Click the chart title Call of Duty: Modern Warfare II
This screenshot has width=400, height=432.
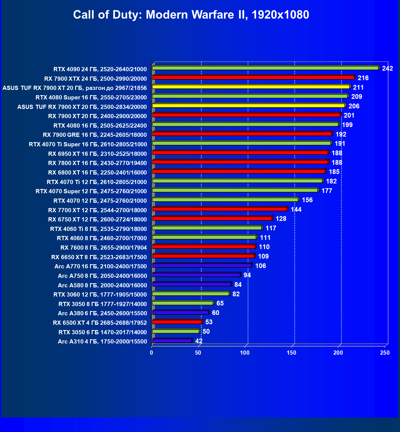coord(191,15)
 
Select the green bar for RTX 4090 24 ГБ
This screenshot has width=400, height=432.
coord(265,68)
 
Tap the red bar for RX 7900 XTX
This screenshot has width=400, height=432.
coord(253,77)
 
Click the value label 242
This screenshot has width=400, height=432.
coord(387,69)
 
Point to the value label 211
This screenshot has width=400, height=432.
coord(358,88)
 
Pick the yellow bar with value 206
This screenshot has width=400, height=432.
coord(248,106)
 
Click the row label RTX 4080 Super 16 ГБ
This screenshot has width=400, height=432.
coord(91,97)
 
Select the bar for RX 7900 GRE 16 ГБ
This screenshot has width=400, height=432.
coord(242,134)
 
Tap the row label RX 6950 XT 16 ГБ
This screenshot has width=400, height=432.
coord(97,154)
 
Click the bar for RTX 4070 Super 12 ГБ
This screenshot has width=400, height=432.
coord(235,190)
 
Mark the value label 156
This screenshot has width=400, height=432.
coord(307,200)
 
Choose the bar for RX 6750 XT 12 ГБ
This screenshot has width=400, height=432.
coord(212,218)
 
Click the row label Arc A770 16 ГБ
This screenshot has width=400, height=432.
coord(101,266)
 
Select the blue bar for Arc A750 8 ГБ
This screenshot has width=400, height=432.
coord(196,275)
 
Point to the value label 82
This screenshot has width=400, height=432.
coord(236,294)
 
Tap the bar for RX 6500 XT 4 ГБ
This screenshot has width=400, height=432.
coord(177,322)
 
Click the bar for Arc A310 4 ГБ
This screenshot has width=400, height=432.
coord(172,341)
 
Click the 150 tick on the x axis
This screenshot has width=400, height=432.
coord(291,353)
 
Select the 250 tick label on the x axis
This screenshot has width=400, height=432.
coord(385,353)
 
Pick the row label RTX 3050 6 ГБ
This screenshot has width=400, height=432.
coord(103,332)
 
